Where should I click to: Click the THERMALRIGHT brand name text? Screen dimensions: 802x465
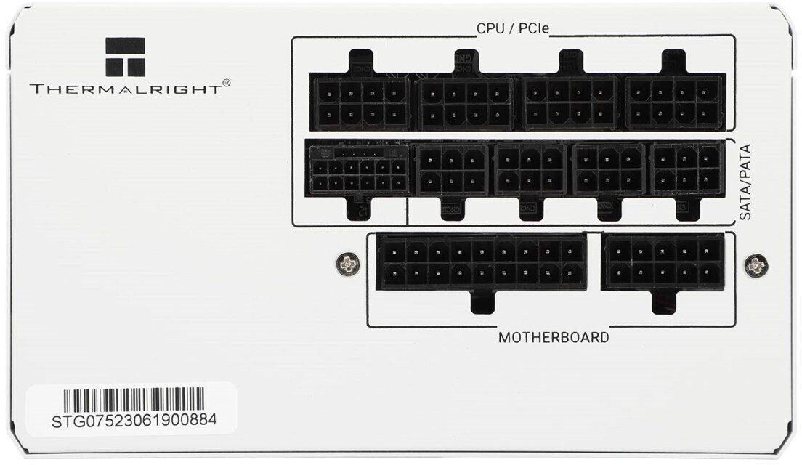[125, 89]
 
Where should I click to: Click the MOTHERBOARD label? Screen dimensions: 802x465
[554, 338]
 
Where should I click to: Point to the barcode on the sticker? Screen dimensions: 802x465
[134, 400]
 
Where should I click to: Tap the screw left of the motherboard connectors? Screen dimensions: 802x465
[349, 264]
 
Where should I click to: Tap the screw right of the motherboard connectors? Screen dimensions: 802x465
[756, 264]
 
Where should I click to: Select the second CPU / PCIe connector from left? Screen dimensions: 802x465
[466, 102]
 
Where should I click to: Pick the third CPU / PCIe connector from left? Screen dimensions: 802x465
[570, 102]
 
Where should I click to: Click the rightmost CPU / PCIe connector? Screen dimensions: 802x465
[676, 102]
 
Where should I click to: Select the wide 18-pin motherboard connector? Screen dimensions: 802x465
[482, 262]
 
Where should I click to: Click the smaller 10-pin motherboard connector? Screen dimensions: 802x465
[663, 262]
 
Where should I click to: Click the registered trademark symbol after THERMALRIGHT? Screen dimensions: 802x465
[226, 84]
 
